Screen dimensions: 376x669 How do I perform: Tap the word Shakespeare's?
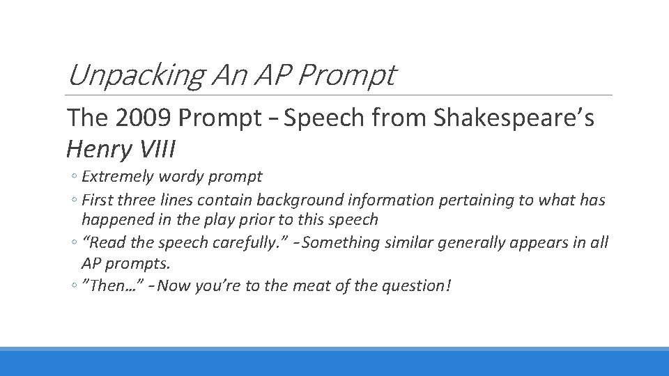click(514, 119)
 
